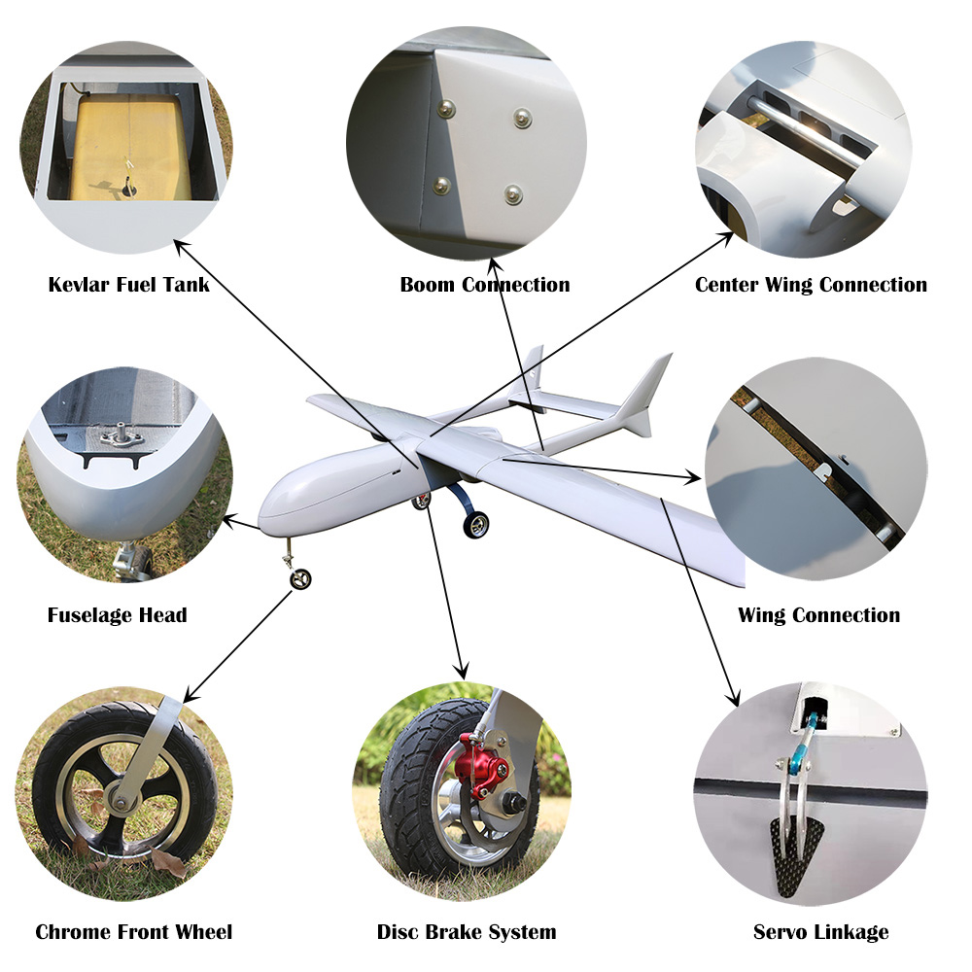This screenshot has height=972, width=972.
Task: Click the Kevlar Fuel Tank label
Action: [128, 285]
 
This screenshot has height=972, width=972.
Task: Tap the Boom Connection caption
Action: [485, 285]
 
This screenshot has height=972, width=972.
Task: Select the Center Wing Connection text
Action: [811, 285]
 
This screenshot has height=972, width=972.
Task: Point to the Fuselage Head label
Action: [117, 615]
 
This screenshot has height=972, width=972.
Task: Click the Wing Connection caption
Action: [818, 615]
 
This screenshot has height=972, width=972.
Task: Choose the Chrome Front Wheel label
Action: [134, 932]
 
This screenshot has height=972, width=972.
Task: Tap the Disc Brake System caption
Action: [467, 932]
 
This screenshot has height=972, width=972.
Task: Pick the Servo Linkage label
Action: [820, 932]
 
